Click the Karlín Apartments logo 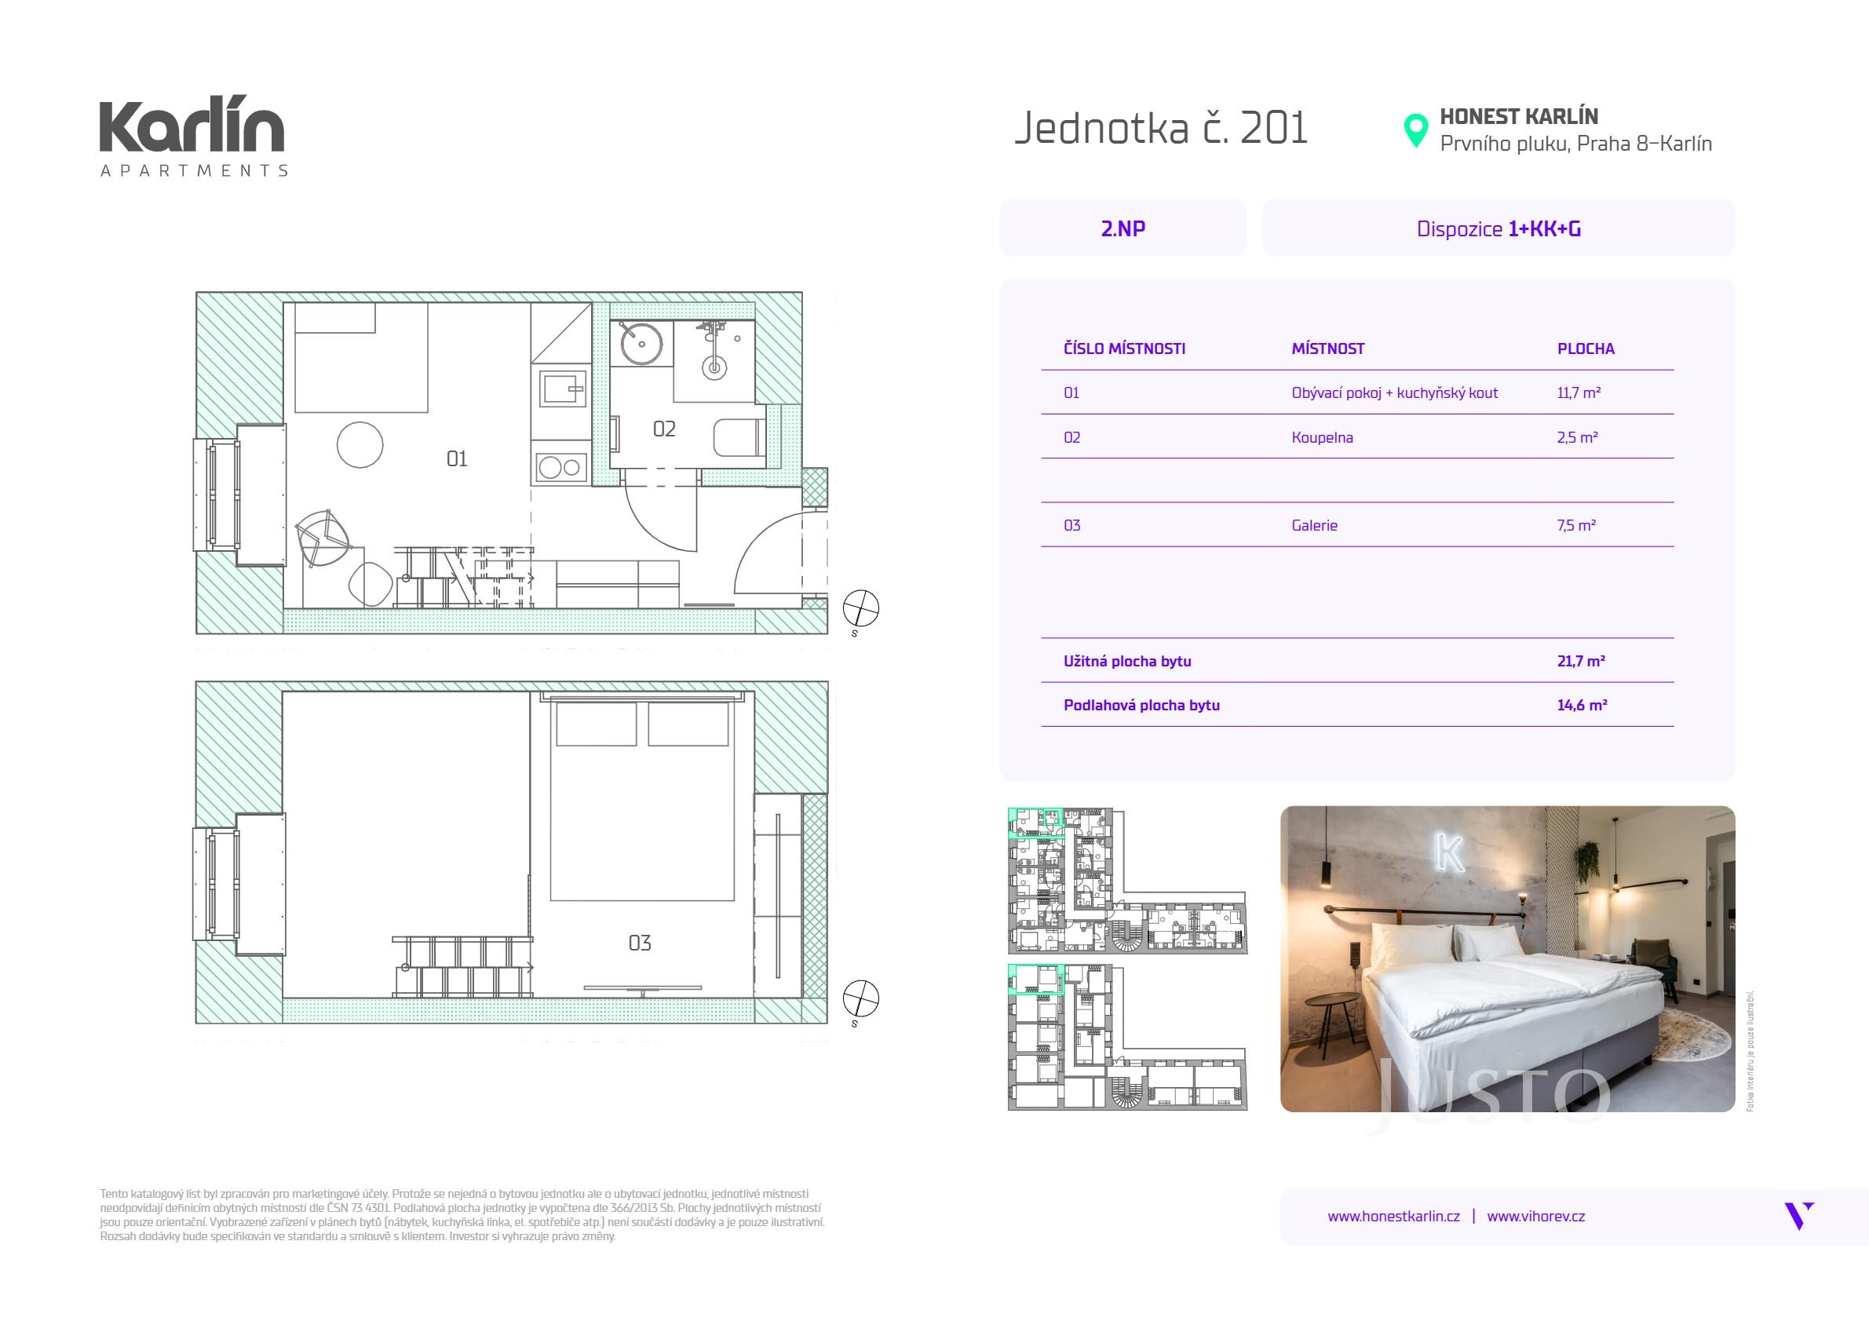pyautogui.click(x=193, y=139)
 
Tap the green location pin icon pyautogui.click(x=1416, y=130)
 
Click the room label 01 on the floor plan pyautogui.click(x=457, y=459)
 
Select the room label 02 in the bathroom pyautogui.click(x=664, y=429)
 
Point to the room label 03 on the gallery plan pyautogui.click(x=640, y=943)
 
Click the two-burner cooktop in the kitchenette pyautogui.click(x=562, y=467)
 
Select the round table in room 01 pyautogui.click(x=360, y=444)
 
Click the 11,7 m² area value pyautogui.click(x=1579, y=393)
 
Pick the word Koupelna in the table pyautogui.click(x=1322, y=437)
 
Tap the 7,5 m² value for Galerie pyautogui.click(x=1577, y=525)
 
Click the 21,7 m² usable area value pyautogui.click(x=1581, y=661)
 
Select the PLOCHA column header pyautogui.click(x=1586, y=349)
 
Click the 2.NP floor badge pyautogui.click(x=1122, y=228)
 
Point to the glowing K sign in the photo pyautogui.click(x=1450, y=853)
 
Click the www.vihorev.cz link pyautogui.click(x=1536, y=1216)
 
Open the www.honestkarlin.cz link pyautogui.click(x=1393, y=1216)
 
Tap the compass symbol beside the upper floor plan pyautogui.click(x=860, y=610)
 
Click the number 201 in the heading pyautogui.click(x=1274, y=129)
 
